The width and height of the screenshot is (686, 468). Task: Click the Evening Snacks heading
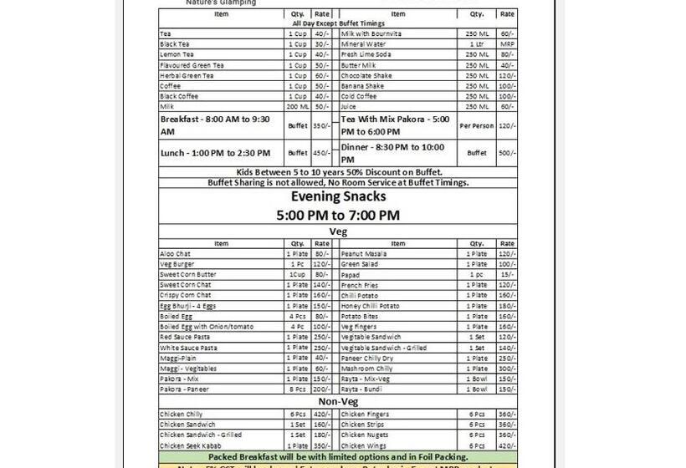338,196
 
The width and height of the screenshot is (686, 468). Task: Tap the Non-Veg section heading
338,402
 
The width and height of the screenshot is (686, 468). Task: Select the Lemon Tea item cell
177,54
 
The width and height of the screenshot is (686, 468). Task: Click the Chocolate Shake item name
366,75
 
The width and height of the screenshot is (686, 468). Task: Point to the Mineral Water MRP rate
507,43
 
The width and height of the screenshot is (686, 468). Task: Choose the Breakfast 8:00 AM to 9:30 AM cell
215,125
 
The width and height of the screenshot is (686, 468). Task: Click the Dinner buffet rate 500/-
507,153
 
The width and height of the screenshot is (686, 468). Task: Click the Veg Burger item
177,264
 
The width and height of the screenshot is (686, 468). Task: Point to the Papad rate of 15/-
507,274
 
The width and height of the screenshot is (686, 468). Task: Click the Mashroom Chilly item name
366,369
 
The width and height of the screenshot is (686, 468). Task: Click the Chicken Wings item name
363,446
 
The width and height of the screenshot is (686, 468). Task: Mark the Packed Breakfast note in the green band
338,457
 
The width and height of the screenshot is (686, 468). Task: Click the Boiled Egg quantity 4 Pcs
297,316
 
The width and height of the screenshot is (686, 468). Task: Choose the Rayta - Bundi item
361,389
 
